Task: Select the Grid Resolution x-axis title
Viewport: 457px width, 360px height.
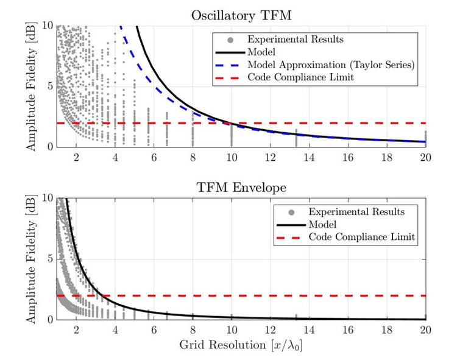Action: [250, 344]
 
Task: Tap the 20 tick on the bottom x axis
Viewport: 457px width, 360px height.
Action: [425, 329]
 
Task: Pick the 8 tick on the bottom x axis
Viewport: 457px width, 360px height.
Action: [193, 329]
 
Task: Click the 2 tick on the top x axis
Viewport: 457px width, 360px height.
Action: [76, 157]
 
